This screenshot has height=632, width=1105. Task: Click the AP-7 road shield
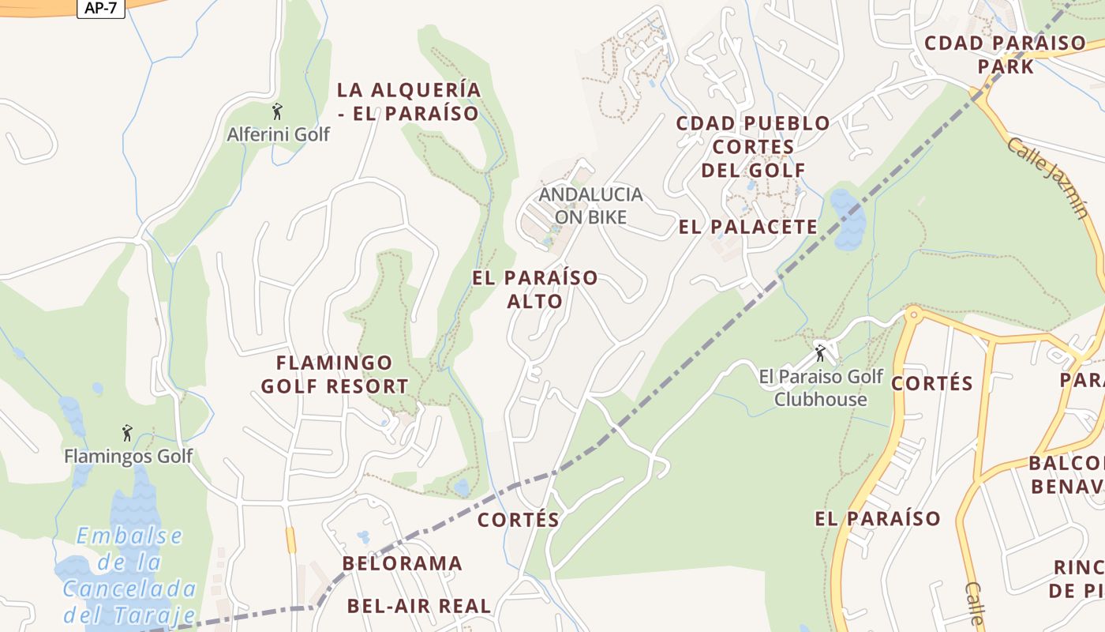[101, 8]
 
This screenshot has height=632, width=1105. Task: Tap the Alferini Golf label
[278, 134]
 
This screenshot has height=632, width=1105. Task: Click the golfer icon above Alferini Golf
[276, 111]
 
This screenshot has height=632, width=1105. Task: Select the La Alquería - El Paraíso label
[408, 101]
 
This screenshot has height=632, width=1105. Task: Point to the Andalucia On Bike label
[590, 205]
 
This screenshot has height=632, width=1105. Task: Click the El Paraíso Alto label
[535, 289]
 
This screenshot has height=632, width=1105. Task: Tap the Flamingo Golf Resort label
[335, 374]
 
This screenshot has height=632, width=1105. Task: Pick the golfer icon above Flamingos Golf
[127, 433]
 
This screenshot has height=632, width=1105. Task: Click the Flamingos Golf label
[128, 457]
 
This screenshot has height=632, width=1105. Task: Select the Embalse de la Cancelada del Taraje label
[130, 575]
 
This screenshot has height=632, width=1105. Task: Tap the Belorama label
[402, 563]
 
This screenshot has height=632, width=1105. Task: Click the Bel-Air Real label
[419, 606]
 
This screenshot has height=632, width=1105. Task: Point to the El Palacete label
[748, 228]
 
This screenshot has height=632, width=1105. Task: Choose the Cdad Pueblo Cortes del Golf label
[754, 146]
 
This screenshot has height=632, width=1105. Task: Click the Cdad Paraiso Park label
[1005, 55]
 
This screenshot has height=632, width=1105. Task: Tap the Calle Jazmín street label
[1047, 178]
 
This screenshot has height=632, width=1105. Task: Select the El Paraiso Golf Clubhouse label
[821, 387]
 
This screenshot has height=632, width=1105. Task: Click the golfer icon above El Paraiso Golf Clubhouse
[820, 352]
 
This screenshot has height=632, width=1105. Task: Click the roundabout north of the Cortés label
[914, 314]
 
